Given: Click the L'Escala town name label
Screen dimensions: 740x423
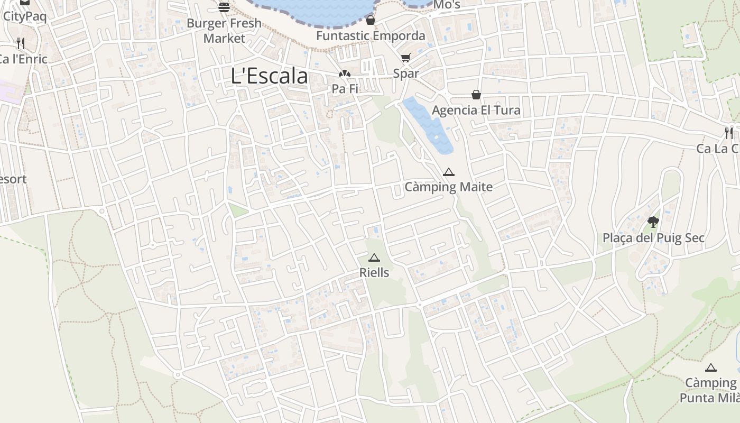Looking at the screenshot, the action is click(x=270, y=76).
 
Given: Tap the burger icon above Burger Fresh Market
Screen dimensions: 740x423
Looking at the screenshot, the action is click(x=224, y=7).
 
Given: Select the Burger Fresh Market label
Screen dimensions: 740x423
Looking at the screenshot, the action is click(x=224, y=31).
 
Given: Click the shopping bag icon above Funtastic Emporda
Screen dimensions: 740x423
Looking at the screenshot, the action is click(x=371, y=20).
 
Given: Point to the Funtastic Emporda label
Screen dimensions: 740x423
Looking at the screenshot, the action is click(x=371, y=35).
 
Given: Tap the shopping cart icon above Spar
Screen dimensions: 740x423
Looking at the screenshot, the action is click(x=405, y=58).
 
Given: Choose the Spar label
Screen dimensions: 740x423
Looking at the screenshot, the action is click(x=406, y=73).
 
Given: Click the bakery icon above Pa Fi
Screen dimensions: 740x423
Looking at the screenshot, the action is click(x=345, y=74).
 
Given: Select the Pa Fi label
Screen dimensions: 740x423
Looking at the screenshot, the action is click(x=345, y=89).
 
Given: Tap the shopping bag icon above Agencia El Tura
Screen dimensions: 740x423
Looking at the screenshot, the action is click(x=476, y=95).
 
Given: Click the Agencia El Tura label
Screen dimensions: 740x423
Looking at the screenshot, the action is click(x=476, y=110).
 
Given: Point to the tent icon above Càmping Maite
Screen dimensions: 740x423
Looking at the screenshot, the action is click(x=449, y=172).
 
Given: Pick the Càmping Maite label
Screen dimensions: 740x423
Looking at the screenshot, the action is click(x=449, y=187).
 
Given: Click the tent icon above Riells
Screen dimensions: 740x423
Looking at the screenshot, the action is click(x=374, y=258).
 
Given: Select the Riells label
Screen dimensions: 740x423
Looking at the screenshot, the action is click(x=374, y=273).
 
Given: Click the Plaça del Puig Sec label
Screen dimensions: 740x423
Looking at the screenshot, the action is click(x=653, y=238).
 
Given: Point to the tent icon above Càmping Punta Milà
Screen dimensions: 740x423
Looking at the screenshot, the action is click(x=711, y=367).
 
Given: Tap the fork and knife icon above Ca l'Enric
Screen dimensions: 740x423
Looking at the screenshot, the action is click(x=20, y=43).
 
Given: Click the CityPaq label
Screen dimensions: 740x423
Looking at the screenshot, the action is click(x=25, y=16).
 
